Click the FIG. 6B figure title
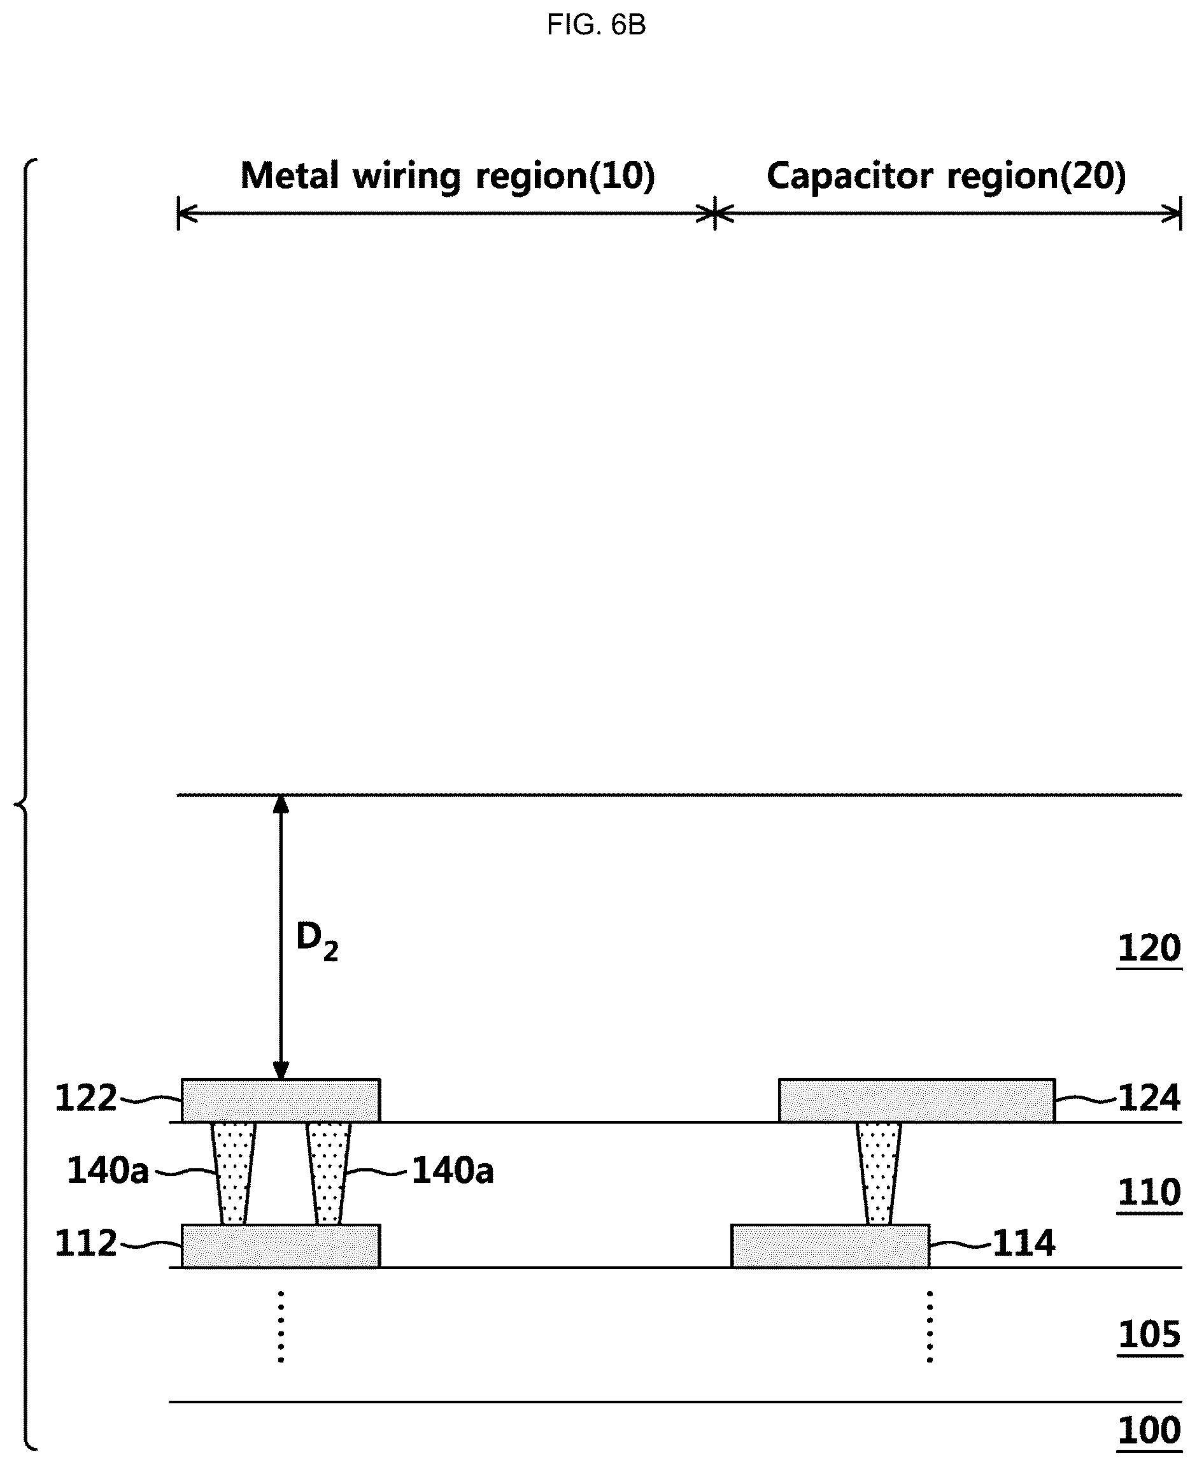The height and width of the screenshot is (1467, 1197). pos(597,25)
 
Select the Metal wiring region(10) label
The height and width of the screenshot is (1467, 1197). pos(448,176)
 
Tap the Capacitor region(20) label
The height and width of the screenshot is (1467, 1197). pos(946,176)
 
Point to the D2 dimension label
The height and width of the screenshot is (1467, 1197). pos(316,941)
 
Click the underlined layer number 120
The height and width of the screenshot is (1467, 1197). pos(1149,949)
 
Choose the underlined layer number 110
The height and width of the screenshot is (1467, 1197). pos(1149,1192)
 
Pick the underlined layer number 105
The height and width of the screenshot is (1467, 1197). pos(1149,1335)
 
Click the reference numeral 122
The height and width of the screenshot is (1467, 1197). pos(86,1099)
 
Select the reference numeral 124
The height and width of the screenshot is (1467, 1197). pos(1149,1099)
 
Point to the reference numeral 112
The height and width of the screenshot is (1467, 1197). pos(86,1243)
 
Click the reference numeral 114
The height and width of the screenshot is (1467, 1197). pos(1024,1243)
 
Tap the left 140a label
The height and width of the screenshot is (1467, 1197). pos(108,1171)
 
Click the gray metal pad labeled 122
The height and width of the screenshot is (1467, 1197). pos(281,1100)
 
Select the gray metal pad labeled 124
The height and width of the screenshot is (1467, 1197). pos(917,1100)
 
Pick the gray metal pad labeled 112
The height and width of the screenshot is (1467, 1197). pos(281,1245)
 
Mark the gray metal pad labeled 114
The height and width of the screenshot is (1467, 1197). pos(830,1245)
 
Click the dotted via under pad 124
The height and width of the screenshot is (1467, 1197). pos(879,1173)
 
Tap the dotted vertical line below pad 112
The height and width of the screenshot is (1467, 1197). pos(281,1326)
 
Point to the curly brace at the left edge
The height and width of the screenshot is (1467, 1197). pos(25,803)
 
